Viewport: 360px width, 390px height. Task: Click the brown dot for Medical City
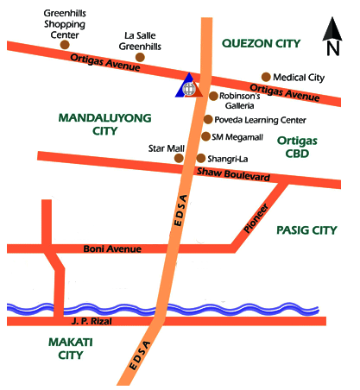[266, 77]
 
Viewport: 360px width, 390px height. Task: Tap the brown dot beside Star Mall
[179, 158]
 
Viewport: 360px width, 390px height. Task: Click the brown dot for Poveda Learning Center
[207, 119]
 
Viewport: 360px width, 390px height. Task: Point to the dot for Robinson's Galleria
[212, 96]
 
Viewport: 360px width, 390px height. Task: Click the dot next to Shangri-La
[200, 158]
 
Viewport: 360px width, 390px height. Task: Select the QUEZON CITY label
[261, 42]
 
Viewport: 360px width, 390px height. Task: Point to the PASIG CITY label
[306, 230]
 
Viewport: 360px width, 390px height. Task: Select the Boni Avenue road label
[111, 249]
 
